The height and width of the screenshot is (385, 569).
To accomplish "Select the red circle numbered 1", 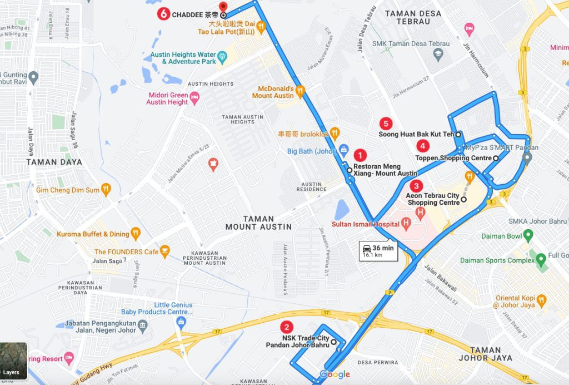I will point(361,155).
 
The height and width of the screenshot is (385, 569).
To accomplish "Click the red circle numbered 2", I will point(286,328).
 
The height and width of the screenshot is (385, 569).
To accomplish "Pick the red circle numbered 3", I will point(416,186).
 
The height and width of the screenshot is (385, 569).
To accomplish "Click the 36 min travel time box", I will point(378,250).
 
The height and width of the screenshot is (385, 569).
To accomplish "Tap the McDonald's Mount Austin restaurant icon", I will point(300,90).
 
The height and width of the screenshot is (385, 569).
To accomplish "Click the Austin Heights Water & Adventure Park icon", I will point(222,56).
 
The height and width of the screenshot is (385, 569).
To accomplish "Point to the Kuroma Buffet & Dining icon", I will point(136,233).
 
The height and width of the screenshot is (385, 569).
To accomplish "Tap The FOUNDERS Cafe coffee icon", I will point(164,251).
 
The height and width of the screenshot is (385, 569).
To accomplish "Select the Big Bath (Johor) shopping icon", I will point(344,149).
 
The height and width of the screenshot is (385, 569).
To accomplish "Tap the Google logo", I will point(335,374).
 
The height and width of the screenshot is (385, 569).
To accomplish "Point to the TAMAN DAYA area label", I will point(54,162).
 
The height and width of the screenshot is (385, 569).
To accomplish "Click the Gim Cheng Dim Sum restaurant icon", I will point(107,190).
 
